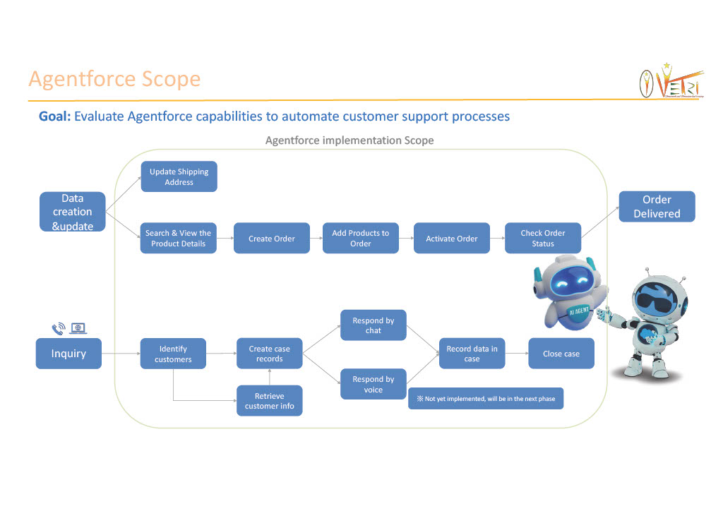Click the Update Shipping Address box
[x=179, y=176]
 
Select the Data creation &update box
[x=72, y=212]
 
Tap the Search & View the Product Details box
[x=178, y=239]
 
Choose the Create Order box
[x=271, y=239]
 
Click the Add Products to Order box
[x=360, y=239]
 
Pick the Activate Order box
[x=451, y=239]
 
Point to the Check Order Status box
[x=542, y=239]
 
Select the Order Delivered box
[x=657, y=207]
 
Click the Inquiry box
[x=68, y=354]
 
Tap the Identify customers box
[x=173, y=354]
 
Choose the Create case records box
[x=269, y=354]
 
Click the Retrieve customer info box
[x=269, y=401]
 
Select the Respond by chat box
[x=373, y=325]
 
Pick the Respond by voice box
[x=373, y=385]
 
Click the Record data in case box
[x=472, y=354]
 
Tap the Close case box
[x=561, y=354]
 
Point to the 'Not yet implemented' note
[x=486, y=399]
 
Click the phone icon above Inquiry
[x=59, y=328]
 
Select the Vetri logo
[x=670, y=82]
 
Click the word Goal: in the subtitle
[x=54, y=116]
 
